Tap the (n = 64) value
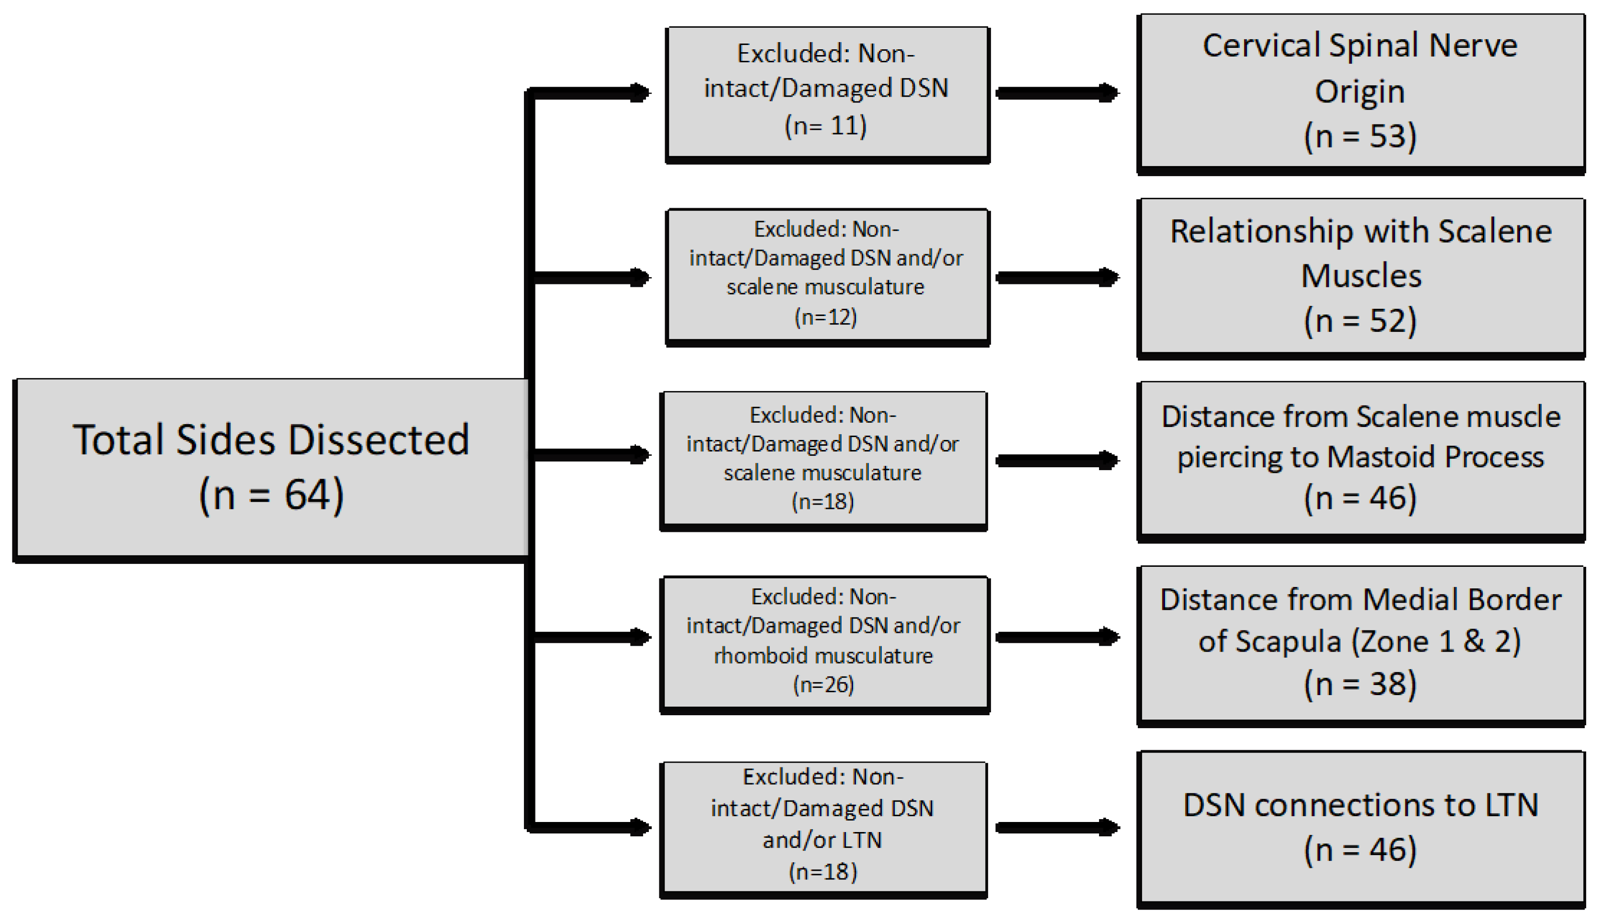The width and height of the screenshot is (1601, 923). pos(271,495)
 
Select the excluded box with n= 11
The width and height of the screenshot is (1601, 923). pos(827,93)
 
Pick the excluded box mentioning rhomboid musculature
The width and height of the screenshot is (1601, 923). pos(823,643)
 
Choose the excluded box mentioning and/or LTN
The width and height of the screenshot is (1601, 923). pos(823,828)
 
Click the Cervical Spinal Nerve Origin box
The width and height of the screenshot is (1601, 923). pos(1360,92)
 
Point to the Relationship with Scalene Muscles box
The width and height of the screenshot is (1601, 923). pos(1360,277)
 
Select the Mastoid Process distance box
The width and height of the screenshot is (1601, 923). pos(1360,460)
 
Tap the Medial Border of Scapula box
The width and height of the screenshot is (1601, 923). pos(1360,644)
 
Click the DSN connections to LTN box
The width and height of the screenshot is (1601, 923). pos(1360,828)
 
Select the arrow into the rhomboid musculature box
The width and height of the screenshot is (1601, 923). pos(592,637)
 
